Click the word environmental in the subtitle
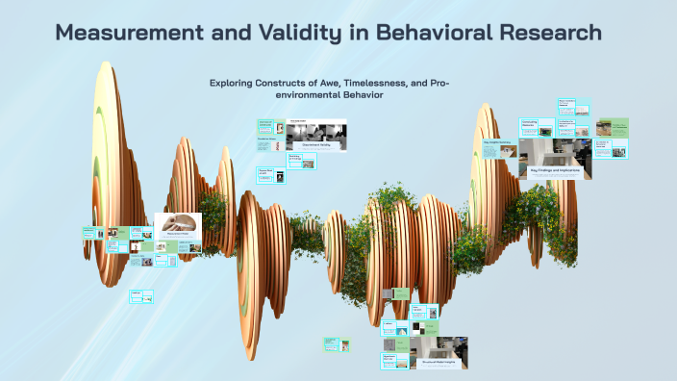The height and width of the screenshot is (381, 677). [290, 95]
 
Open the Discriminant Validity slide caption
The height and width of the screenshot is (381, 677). [315, 144]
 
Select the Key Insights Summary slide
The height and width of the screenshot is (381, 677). [499, 147]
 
